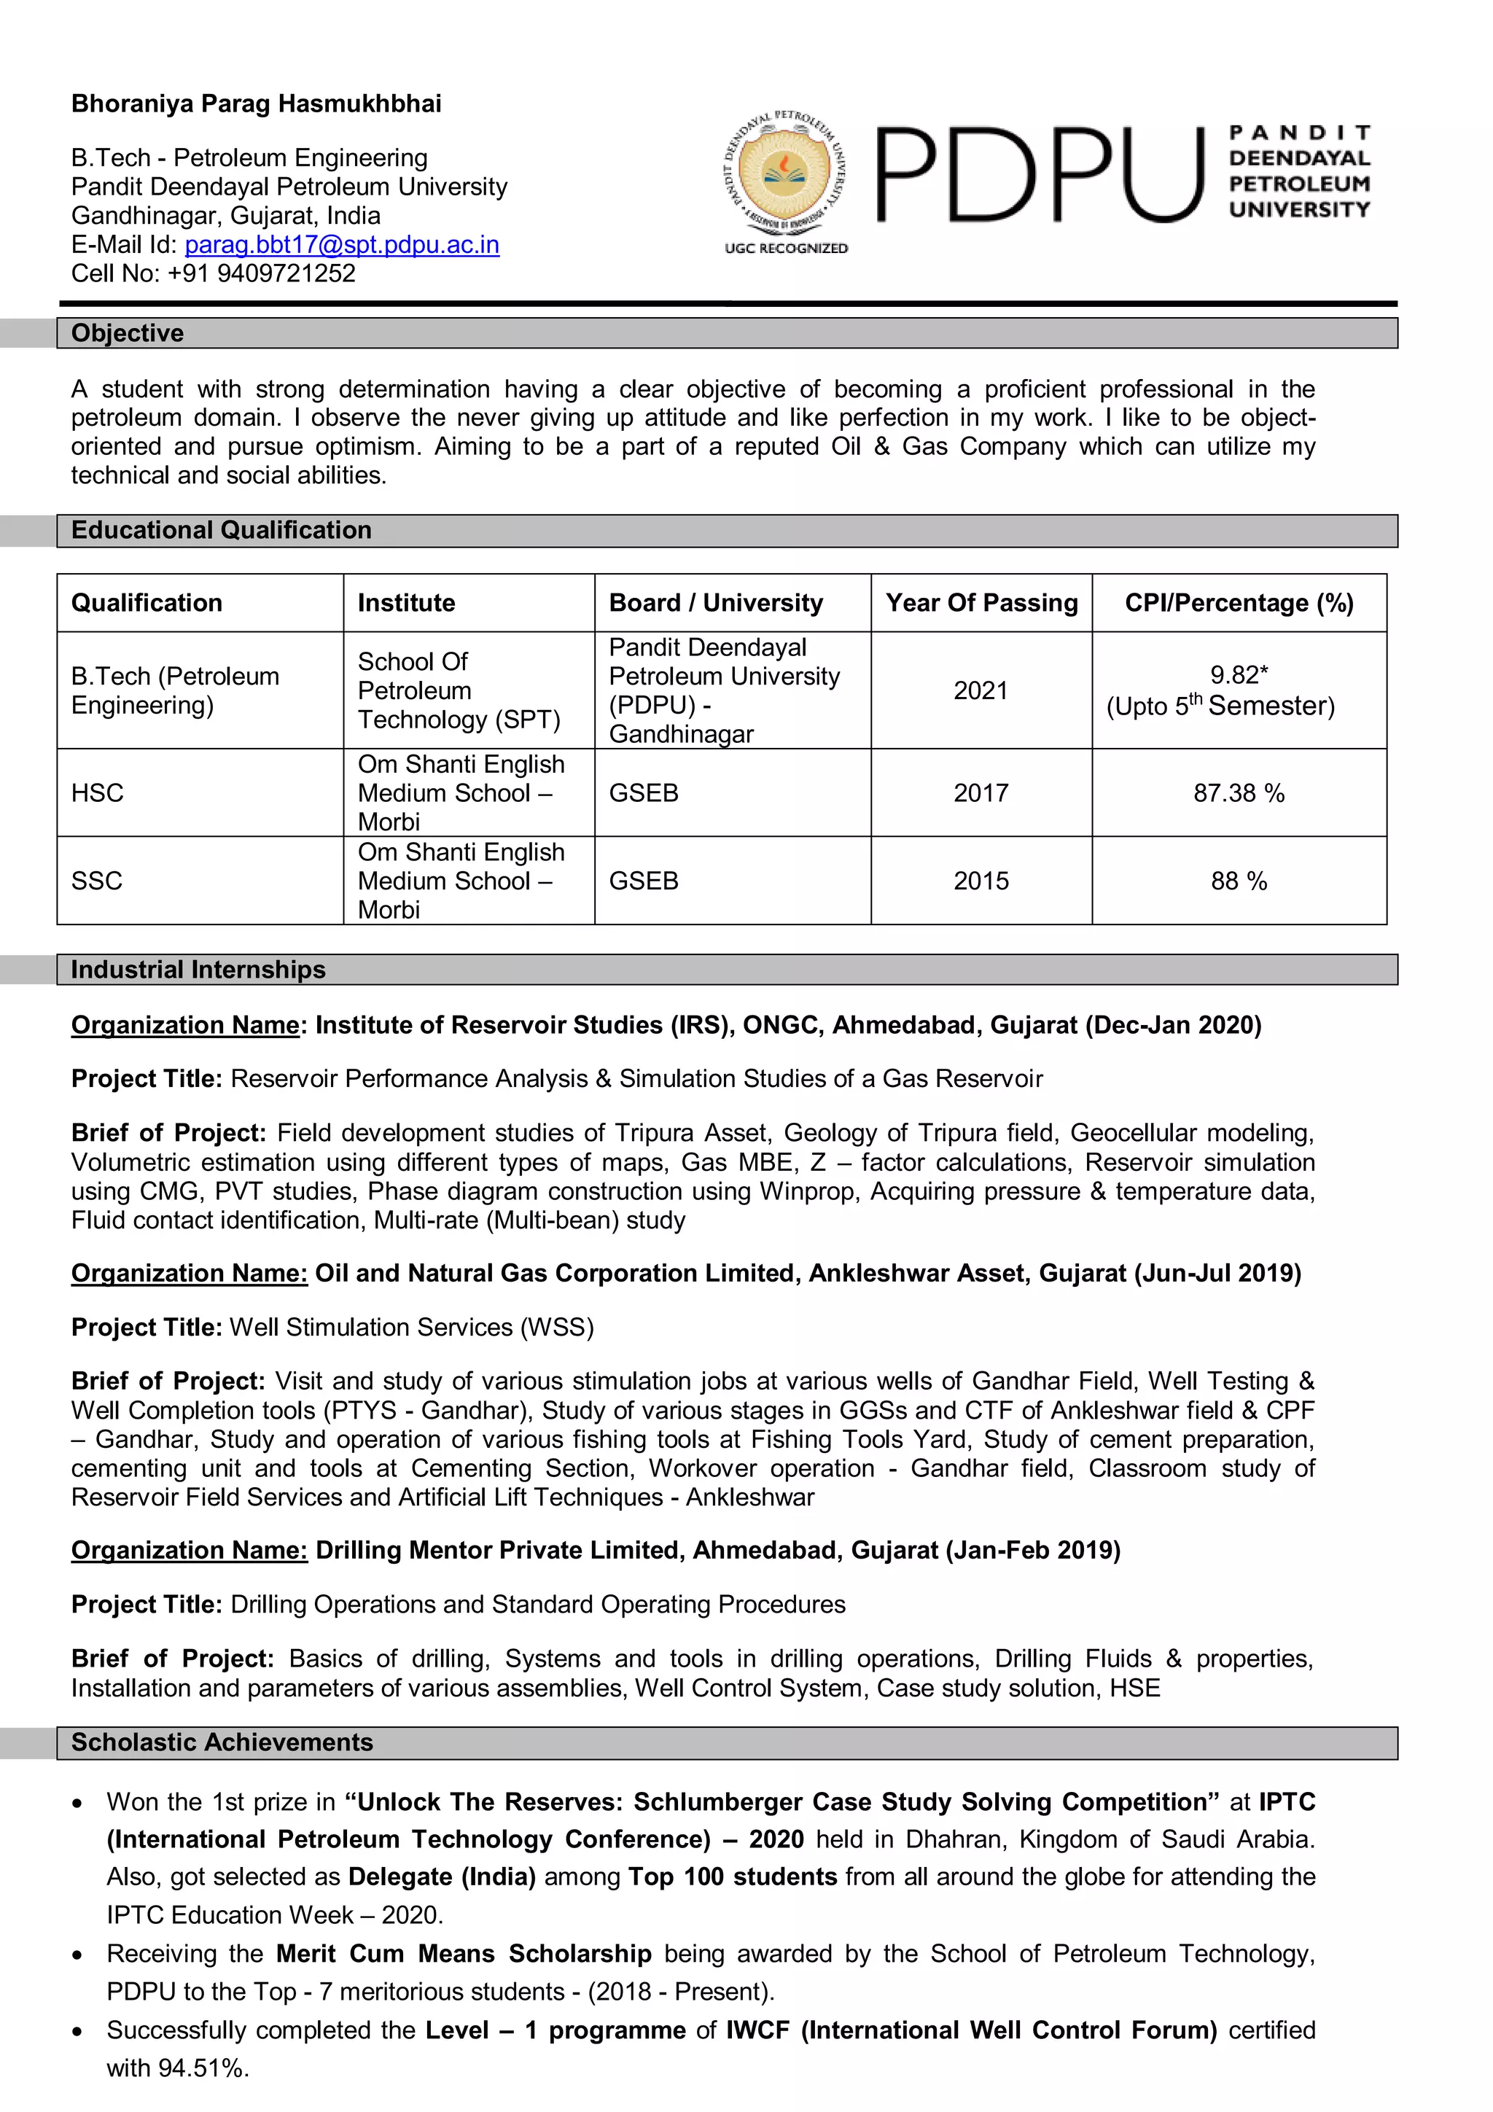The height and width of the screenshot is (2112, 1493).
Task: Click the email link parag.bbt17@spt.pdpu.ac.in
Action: coord(341,245)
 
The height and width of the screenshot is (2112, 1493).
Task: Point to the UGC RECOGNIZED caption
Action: coord(786,249)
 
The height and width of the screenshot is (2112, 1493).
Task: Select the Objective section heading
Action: coord(128,333)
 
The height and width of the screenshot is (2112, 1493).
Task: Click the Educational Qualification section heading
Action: coord(221,531)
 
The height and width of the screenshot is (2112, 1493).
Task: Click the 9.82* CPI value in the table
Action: coord(1238,675)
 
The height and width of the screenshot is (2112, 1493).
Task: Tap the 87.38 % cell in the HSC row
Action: coord(1238,793)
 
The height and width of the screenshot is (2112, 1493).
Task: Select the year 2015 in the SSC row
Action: coord(981,881)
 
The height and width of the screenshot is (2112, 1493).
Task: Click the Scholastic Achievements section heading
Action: coord(222,1742)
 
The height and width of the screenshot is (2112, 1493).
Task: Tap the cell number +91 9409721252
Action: coord(261,273)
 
